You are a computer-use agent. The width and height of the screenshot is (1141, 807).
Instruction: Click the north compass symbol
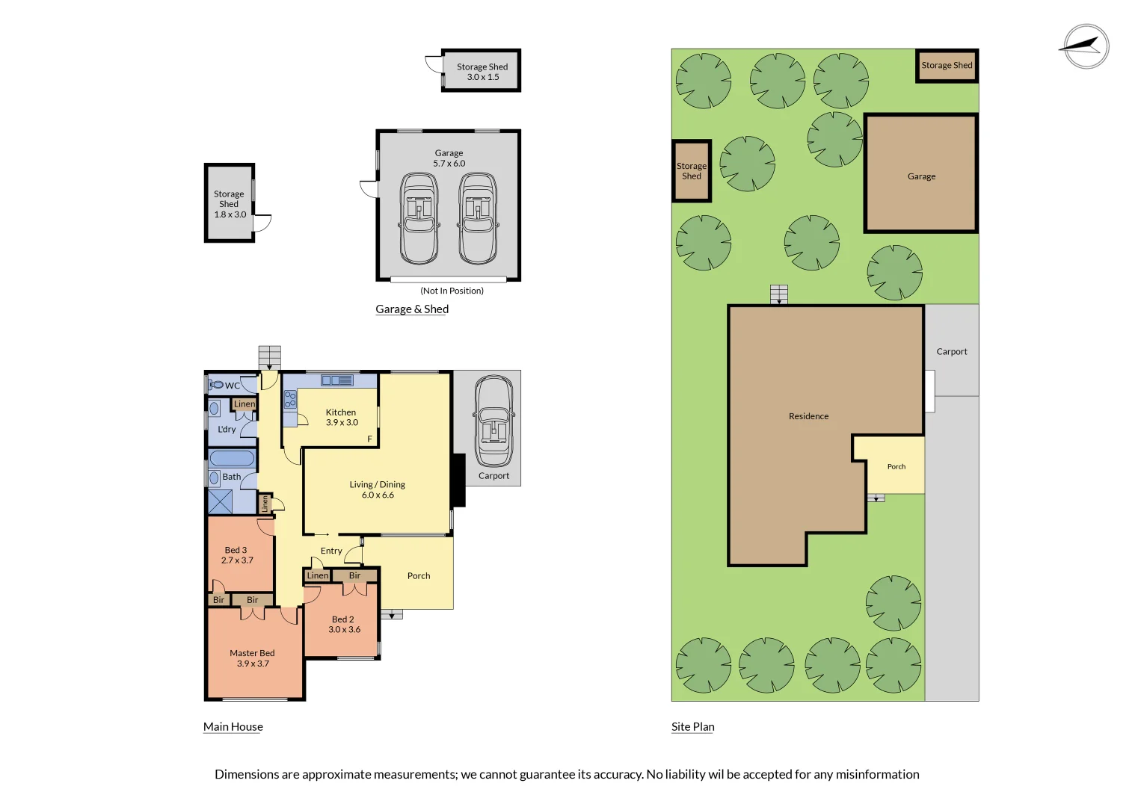coord(1086,46)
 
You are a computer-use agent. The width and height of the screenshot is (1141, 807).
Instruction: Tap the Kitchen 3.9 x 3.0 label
coord(342,417)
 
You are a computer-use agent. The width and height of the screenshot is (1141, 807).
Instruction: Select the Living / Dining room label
coord(378,489)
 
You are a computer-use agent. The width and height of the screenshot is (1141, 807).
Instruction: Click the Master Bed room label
coord(252,658)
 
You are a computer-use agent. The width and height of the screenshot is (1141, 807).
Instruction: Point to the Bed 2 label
coord(344,624)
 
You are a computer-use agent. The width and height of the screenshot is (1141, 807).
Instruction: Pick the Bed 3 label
coord(236,554)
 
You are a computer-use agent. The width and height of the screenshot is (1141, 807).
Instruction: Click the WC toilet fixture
coord(217,385)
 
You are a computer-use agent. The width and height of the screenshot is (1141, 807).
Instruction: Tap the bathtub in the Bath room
coord(232,458)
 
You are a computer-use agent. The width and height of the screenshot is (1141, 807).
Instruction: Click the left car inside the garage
coord(419,218)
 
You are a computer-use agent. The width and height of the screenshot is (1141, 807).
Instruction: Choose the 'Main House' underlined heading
coord(233,726)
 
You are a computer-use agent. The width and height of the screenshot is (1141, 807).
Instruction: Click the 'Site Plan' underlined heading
coord(692,726)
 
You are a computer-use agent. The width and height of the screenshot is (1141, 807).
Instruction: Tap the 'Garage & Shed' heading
coord(412,309)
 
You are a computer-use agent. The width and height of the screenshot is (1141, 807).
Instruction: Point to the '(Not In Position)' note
coord(452,291)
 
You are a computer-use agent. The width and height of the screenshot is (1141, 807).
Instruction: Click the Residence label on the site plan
coord(808,416)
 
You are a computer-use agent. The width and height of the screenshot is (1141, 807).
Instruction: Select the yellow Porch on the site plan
coord(896,466)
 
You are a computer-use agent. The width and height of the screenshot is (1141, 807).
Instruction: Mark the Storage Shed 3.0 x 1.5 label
coord(482,72)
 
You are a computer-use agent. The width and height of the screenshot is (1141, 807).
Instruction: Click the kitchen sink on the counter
coord(337,380)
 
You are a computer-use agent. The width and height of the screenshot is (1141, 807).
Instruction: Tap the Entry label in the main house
coord(331,551)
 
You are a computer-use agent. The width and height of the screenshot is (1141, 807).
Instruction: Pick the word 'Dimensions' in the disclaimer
coord(246,774)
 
